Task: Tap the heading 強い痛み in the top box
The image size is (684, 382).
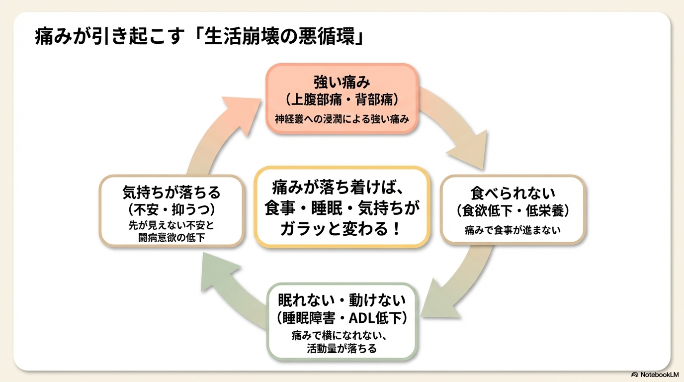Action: click(342, 82)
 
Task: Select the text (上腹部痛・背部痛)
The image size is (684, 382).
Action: click(342, 99)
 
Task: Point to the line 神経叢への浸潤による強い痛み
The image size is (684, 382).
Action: click(342, 119)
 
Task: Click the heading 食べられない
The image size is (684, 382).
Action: click(513, 192)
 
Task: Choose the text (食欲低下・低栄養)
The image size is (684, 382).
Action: click(513, 210)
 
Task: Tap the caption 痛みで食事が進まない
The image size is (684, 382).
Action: click(513, 230)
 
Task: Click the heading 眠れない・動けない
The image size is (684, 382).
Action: click(342, 300)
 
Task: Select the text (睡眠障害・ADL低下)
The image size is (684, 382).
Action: click(342, 318)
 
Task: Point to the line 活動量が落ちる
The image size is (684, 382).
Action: click(342, 348)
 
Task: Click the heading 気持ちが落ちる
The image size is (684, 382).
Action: click(171, 191)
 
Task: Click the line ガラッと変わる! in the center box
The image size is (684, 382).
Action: click(342, 229)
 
